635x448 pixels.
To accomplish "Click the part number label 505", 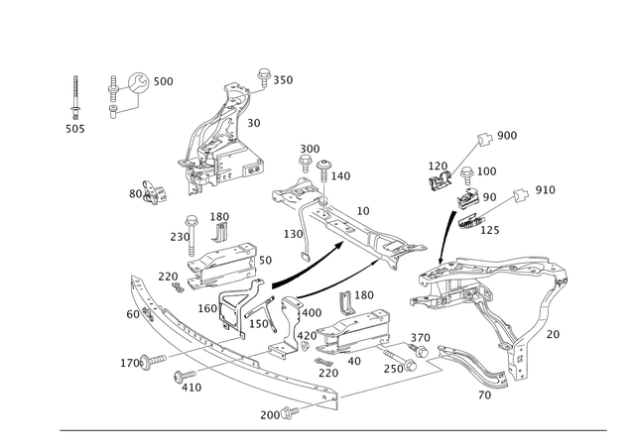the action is [75, 129].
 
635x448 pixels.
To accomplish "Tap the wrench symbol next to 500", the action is [139, 82].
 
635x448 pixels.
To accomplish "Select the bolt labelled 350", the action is [264, 77].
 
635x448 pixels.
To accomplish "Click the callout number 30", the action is [254, 123].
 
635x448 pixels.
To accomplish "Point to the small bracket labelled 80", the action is [155, 192].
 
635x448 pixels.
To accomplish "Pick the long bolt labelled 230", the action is [191, 236].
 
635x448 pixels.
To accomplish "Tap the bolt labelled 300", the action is [305, 164].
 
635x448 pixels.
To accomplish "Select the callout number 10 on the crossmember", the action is [363, 211].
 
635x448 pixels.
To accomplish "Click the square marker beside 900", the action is [484, 139].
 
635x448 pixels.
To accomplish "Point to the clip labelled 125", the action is [471, 221].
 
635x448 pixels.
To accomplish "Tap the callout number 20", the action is [553, 335].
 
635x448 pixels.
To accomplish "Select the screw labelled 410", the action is [185, 376].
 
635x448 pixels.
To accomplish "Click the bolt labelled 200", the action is [290, 412].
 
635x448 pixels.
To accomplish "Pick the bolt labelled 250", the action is [400, 360].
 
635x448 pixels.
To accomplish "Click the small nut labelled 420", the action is [306, 345].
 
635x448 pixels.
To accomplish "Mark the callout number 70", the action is [484, 395].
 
